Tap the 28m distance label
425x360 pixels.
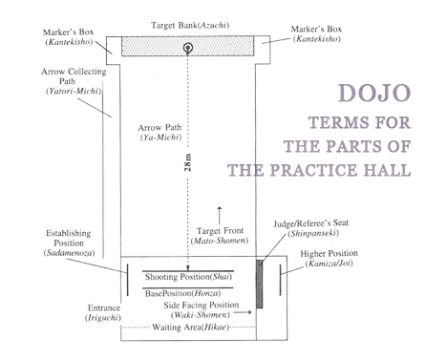click(188, 162)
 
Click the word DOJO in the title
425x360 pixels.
click(374, 93)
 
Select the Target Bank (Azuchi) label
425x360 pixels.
click(190, 25)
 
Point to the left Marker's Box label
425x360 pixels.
click(69, 37)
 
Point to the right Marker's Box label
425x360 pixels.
click(316, 34)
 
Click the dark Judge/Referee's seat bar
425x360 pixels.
click(260, 284)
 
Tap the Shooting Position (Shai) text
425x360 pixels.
click(188, 277)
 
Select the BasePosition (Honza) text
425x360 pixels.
click(182, 293)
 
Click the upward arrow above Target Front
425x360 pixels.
click(220, 216)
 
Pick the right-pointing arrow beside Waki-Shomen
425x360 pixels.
click(243, 312)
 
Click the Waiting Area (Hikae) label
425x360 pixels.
click(191, 328)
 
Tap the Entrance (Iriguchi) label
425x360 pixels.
click(104, 312)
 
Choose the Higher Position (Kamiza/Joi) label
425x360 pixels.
click(329, 259)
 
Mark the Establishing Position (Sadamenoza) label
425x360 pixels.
click(69, 243)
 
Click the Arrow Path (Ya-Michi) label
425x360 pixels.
click(160, 133)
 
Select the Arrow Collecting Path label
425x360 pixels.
click(74, 81)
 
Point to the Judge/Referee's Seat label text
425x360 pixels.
click(311, 228)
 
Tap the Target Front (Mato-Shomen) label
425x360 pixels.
click(220, 236)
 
